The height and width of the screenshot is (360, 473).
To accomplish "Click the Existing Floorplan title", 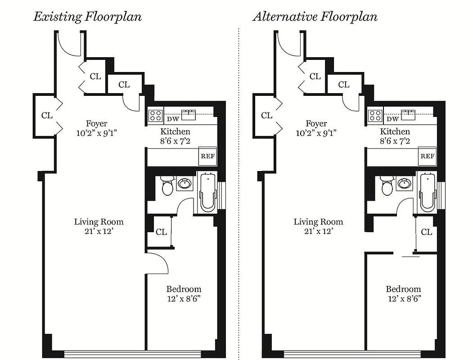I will point(87,17).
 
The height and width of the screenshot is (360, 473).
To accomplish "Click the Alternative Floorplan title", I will point(315,17).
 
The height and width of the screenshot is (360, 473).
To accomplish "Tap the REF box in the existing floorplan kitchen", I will point(207,156).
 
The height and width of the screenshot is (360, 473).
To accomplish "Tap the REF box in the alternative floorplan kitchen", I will point(427,156).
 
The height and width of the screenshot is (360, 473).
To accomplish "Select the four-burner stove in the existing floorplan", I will point(156,116).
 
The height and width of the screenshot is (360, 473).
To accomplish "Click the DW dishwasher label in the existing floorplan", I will point(173,119).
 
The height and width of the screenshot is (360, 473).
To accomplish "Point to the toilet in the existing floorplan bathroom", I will point(167,185).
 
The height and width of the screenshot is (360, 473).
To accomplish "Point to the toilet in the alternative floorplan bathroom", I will point(387,185).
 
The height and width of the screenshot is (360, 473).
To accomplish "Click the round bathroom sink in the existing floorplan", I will point(184,184).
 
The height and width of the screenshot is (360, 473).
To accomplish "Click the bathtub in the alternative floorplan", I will point(427,193).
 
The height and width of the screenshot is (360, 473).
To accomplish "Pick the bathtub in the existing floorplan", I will point(207,193).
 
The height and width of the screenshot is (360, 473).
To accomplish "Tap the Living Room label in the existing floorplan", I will point(99,222).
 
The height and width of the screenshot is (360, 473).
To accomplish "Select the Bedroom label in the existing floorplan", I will point(184,289).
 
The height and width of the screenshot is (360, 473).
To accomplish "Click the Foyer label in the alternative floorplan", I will point(316,123).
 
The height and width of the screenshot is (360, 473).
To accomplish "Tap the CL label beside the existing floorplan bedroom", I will point(161,232).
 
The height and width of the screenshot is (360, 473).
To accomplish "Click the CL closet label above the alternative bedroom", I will point(426,232).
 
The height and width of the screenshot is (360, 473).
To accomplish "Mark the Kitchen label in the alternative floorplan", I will point(395,131).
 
